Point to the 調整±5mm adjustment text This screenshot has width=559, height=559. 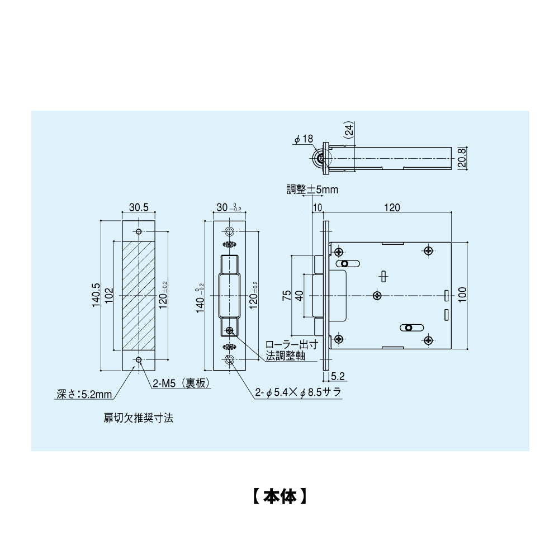pyautogui.click(x=312, y=190)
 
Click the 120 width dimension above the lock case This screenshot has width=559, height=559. pyautogui.click(x=391, y=207)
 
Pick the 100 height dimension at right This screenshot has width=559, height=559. pyautogui.click(x=462, y=294)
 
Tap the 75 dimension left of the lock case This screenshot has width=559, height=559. pyautogui.click(x=286, y=295)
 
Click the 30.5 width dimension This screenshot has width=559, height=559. pyautogui.click(x=139, y=207)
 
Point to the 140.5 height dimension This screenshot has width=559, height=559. pyautogui.click(x=96, y=295)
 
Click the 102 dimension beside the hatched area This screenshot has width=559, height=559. pyautogui.click(x=109, y=295)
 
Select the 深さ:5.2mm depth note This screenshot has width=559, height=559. pyautogui.click(x=84, y=394)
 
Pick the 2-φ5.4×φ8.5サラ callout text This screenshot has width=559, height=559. pyautogui.click(x=298, y=394)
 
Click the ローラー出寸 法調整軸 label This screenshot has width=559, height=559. pyautogui.click(x=286, y=351)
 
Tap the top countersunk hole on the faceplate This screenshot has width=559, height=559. pyautogui.click(x=229, y=232)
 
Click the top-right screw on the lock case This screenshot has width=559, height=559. pyautogui.click(x=428, y=250)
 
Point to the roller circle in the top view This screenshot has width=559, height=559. pyautogui.click(x=321, y=159)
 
